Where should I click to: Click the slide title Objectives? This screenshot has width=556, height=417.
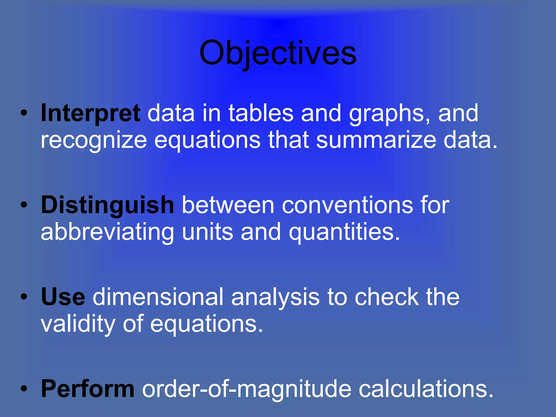point(278,53)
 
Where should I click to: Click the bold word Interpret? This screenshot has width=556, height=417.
point(90,113)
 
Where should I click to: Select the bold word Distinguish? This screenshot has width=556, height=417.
point(108,205)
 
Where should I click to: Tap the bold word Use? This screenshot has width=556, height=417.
point(63,297)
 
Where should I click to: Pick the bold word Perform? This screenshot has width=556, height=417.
point(88,389)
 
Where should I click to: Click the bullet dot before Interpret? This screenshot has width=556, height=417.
point(24,113)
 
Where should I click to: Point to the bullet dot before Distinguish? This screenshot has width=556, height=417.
point(24,205)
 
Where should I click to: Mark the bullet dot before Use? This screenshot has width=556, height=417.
point(24,297)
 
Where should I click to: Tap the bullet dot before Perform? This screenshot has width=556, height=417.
point(24,389)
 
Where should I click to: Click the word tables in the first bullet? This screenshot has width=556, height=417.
point(261,113)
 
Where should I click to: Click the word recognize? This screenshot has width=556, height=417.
point(94,141)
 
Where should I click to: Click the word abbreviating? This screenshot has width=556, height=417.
point(107,232)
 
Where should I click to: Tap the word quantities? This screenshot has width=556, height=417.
point(344,232)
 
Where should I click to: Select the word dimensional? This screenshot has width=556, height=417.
point(158,297)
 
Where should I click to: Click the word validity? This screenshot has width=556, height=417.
point(78,324)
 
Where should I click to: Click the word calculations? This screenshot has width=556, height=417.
point(426,389)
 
